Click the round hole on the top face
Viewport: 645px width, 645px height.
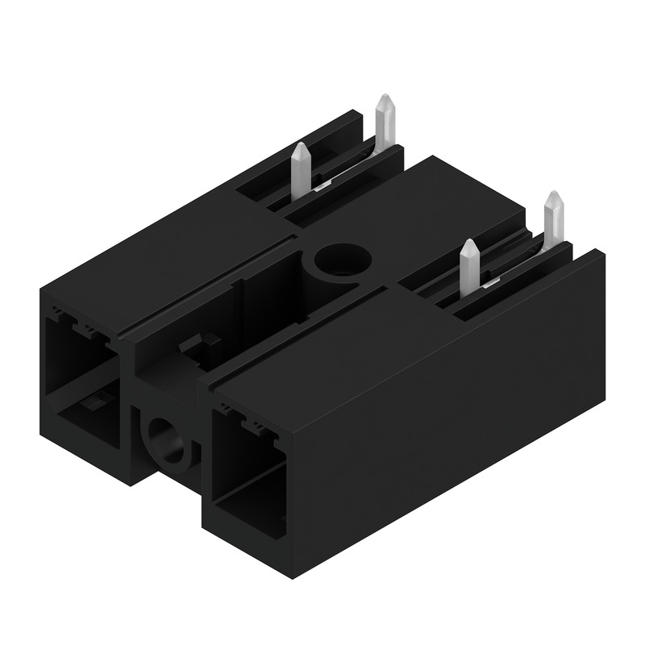click(x=343, y=260)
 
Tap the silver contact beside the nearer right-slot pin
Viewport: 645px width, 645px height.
click(x=489, y=283)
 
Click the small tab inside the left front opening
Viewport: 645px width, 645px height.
click(x=93, y=401)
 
